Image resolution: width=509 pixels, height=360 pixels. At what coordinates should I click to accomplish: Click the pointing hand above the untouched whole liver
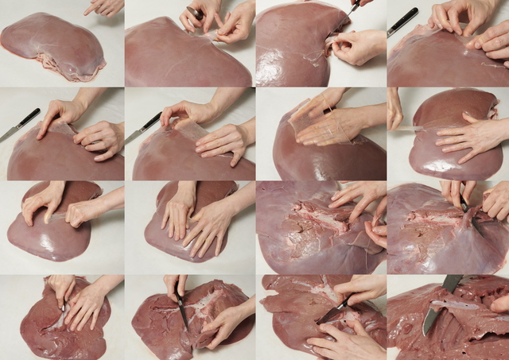(105, 6)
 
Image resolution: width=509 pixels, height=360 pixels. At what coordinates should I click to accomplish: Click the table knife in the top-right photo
(402, 21)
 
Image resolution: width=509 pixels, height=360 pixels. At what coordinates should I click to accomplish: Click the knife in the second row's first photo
(20, 125)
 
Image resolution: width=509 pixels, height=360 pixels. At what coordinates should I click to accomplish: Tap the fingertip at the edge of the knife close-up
(501, 303)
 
